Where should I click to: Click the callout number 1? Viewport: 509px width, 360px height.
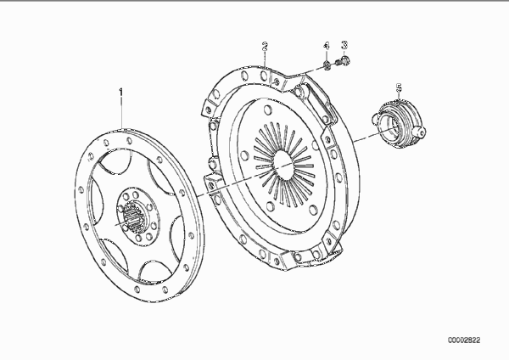[x=121, y=93]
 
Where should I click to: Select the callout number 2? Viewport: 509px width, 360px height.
[x=266, y=46]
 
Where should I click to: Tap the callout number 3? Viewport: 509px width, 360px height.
[x=344, y=45]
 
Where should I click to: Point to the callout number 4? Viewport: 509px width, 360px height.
[x=327, y=46]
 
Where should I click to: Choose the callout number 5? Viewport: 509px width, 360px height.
[x=399, y=87]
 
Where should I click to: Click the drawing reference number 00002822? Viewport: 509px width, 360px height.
[x=464, y=340]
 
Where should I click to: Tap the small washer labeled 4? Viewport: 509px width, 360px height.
[x=327, y=66]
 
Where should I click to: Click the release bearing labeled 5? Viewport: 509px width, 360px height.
[x=399, y=123]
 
